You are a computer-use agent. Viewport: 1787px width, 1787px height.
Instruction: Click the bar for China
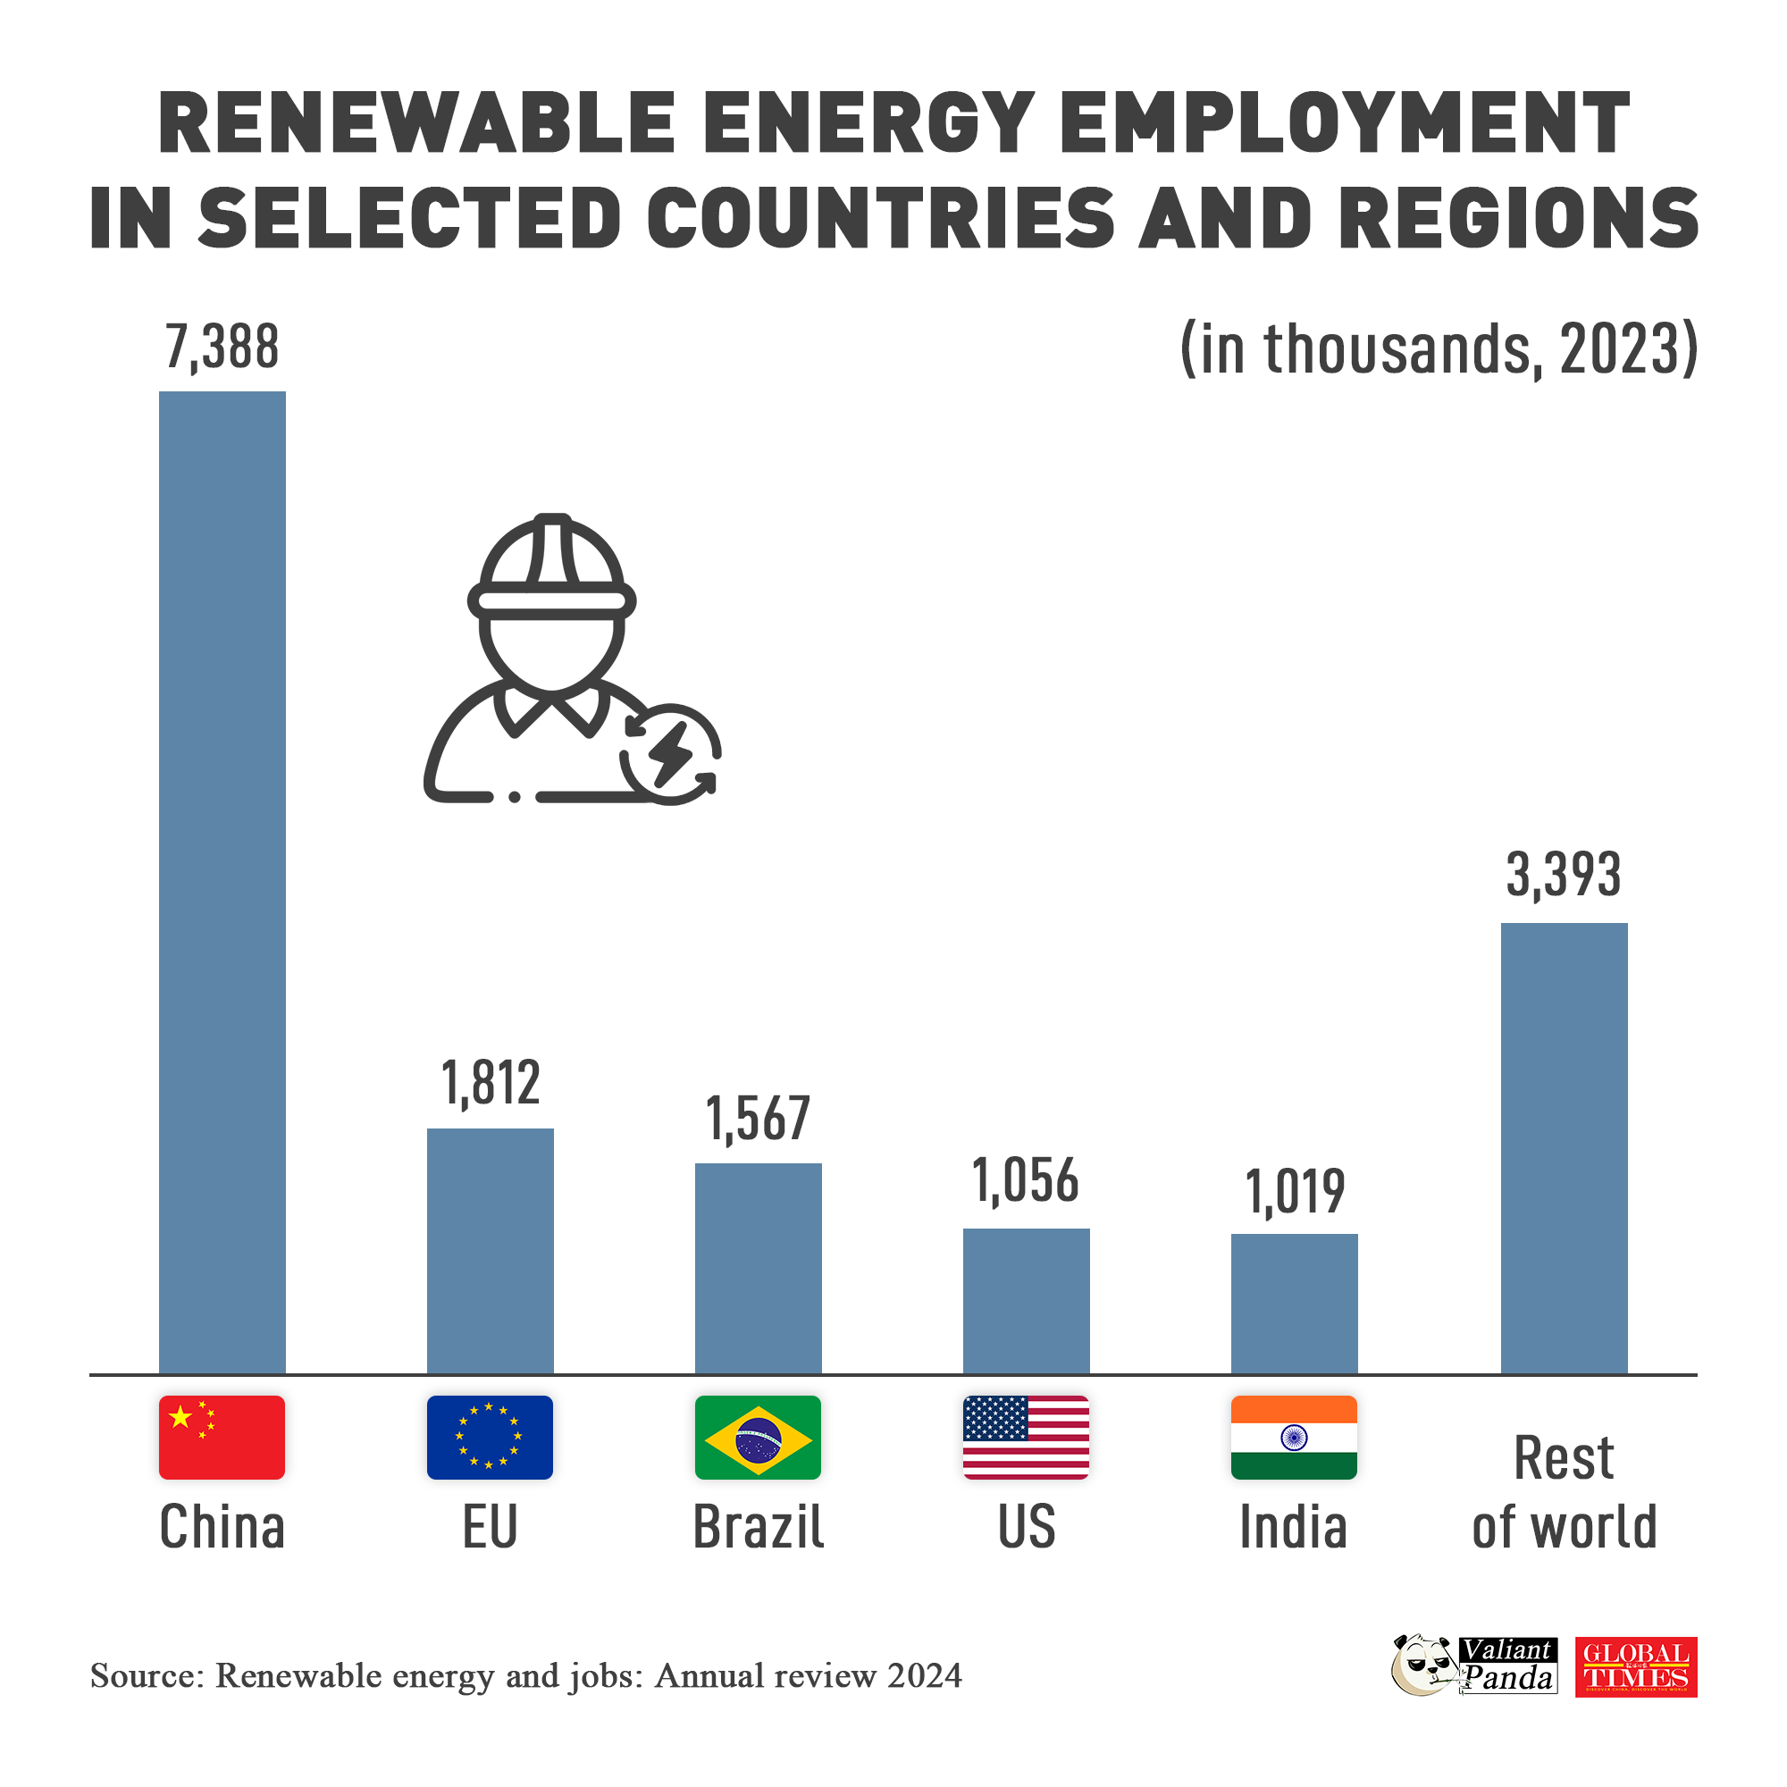(222, 883)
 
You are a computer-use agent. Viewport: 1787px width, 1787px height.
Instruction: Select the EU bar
(491, 1251)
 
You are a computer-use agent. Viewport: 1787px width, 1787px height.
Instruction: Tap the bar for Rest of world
(1563, 1148)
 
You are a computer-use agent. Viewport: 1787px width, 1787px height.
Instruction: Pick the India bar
(1294, 1304)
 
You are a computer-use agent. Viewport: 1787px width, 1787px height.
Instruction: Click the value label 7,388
(222, 348)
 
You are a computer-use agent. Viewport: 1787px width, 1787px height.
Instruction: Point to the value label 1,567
(759, 1119)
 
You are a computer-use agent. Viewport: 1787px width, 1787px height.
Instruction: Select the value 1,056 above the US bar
(1026, 1181)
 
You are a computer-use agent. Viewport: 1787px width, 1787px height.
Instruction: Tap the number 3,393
(1563, 875)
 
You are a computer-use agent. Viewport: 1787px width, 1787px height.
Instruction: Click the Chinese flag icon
(222, 1438)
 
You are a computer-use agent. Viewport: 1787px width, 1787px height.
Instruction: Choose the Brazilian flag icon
(759, 1438)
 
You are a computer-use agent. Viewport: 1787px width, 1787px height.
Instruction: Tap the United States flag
(1026, 1438)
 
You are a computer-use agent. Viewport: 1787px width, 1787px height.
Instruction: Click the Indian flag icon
(1294, 1438)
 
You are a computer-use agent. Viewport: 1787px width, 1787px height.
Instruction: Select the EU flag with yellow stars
(491, 1438)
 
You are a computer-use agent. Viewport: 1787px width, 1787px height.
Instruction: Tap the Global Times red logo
(1635, 1666)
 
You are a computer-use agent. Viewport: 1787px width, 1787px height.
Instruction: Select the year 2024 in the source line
(924, 1676)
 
